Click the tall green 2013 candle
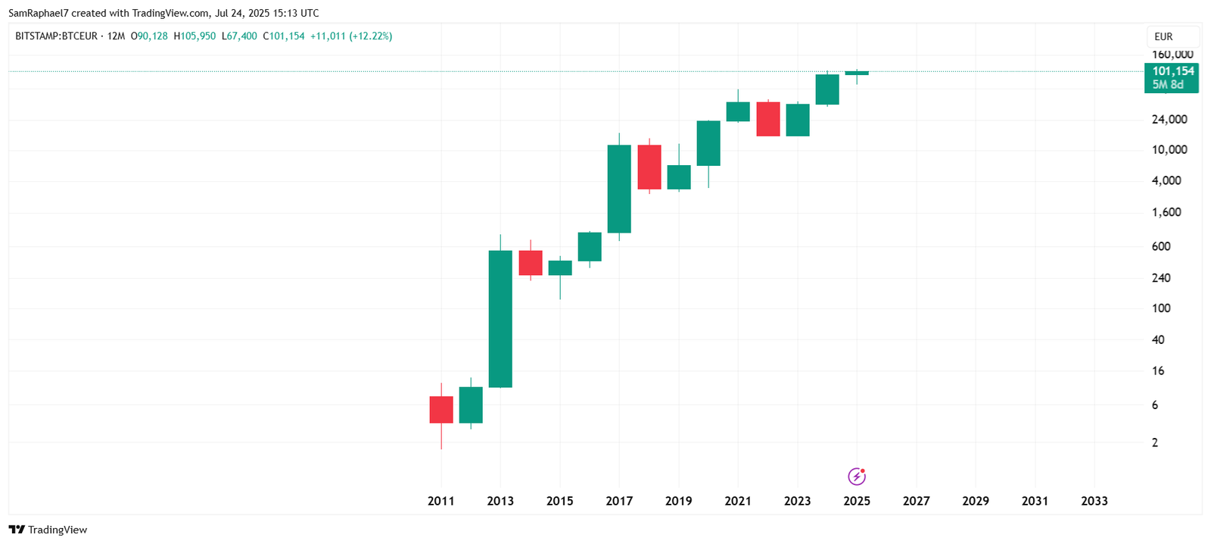500,318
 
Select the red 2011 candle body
441,409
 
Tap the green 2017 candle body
619,189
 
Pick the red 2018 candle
649,167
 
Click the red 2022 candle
768,119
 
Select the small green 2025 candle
857,73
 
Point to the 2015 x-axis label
560,501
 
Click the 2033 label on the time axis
1094,501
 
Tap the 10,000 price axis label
1169,150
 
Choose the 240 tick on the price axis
1161,278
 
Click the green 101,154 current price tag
1172,77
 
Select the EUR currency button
1163,36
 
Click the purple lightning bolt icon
857,477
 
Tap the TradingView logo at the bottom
48,530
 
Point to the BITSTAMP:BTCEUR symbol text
57,36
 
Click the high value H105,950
195,36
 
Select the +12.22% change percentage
371,36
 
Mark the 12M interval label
116,36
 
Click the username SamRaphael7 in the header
38,13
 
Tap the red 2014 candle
531,263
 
